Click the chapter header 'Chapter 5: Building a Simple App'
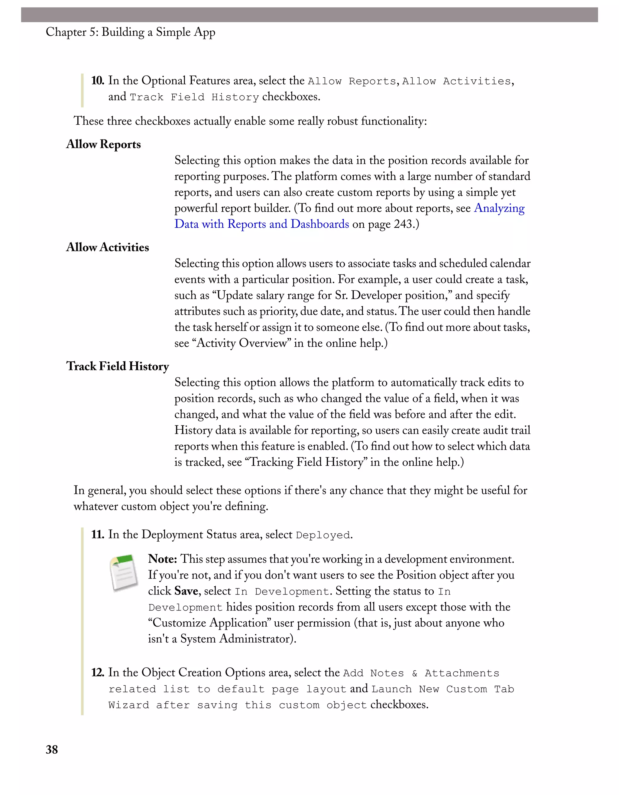coord(131,32)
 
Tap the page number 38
coord(52,749)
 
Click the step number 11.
coord(97,534)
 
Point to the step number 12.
coord(97,672)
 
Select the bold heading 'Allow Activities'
coord(108,247)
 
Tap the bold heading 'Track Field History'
coord(117,366)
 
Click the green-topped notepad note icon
coord(124,572)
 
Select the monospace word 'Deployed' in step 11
coord(323,535)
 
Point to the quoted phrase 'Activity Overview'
coord(241,343)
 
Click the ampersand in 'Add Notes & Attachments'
coord(415,673)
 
